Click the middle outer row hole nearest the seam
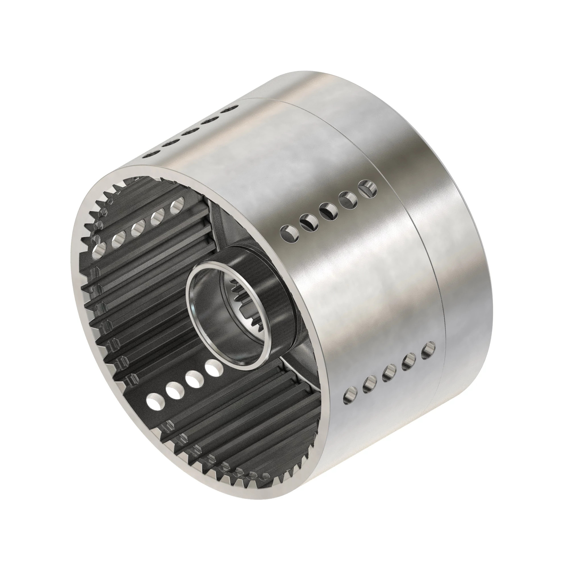[367, 188]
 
